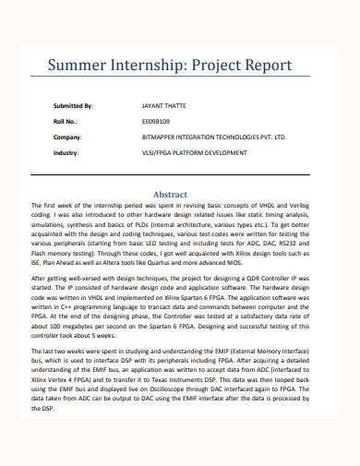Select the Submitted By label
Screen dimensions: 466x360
point(74,106)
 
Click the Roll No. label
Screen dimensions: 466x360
point(66,121)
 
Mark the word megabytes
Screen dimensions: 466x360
point(78,329)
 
